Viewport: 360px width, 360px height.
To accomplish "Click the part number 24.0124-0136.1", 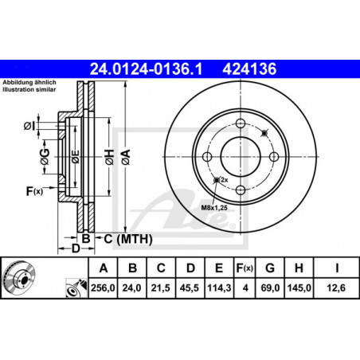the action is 146,69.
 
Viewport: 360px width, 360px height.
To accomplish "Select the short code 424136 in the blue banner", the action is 249,69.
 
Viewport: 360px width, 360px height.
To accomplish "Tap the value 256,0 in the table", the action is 103,288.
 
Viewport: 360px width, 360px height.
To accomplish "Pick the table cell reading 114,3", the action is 219,288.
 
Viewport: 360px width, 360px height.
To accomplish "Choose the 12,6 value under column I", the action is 336,288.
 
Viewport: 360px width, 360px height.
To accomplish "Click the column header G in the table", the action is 270,268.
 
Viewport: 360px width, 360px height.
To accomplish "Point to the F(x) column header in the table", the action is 245,268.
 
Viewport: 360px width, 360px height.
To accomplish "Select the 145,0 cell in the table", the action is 299,288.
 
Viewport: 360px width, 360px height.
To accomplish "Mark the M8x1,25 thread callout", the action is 214,208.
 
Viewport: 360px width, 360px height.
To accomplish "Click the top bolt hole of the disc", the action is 241,123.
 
